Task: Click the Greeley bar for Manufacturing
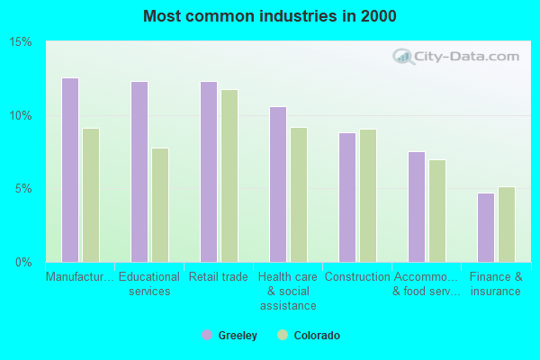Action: pyautogui.click(x=70, y=170)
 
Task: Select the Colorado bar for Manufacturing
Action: pyautogui.click(x=91, y=195)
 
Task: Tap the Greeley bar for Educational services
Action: pyautogui.click(x=139, y=172)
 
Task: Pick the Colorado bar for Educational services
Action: pyautogui.click(x=160, y=205)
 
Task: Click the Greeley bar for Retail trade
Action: pyautogui.click(x=209, y=172)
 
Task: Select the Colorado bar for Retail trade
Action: pyautogui.click(x=229, y=176)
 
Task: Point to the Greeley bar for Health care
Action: pyautogui.click(x=278, y=184)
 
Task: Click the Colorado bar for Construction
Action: pyautogui.click(x=368, y=196)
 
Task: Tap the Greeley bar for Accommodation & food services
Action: pyautogui.click(x=417, y=207)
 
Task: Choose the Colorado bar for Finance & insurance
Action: pyautogui.click(x=507, y=224)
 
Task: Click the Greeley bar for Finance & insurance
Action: pyautogui.click(x=486, y=228)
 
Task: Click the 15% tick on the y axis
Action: pyautogui.click(x=22, y=42)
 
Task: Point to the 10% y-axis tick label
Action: pyautogui.click(x=22, y=116)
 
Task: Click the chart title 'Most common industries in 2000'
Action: pyautogui.click(x=269, y=16)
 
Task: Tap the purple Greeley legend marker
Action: pyautogui.click(x=207, y=336)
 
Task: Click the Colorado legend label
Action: pyautogui.click(x=317, y=336)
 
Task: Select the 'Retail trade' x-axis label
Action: pyautogui.click(x=219, y=277)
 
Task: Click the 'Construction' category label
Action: pyautogui.click(x=357, y=277)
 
